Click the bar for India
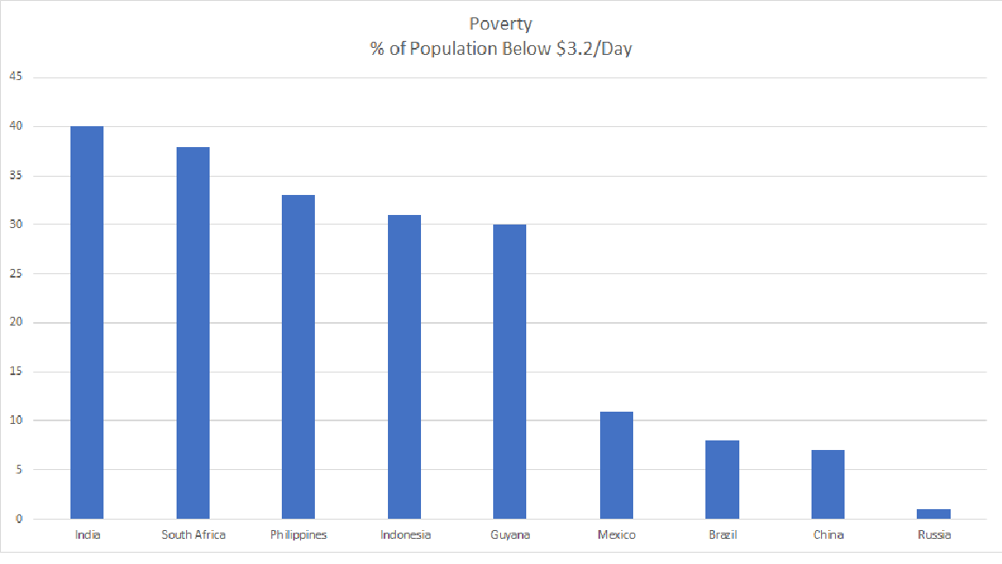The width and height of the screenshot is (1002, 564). [x=87, y=322]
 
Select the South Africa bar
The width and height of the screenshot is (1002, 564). [x=193, y=332]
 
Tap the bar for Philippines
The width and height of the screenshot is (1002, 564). [x=298, y=357]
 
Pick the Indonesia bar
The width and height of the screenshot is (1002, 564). [x=404, y=366]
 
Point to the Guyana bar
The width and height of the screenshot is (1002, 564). [x=510, y=372]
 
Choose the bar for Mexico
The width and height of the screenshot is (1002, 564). [x=617, y=465]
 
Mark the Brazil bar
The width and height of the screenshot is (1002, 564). [x=722, y=480]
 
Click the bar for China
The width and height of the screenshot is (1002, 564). [x=828, y=484]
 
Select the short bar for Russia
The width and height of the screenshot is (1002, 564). [x=934, y=514]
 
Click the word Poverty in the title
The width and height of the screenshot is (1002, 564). [x=500, y=23]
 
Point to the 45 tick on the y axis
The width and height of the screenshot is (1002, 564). [x=16, y=77]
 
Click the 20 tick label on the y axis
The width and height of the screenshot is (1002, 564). [x=16, y=323]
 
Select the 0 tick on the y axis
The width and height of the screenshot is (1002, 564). [x=18, y=520]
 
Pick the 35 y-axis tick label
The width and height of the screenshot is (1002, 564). [x=16, y=176]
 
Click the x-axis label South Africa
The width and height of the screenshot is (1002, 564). [x=193, y=534]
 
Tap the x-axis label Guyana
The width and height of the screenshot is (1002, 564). [x=510, y=534]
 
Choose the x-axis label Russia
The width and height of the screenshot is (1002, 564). [x=934, y=534]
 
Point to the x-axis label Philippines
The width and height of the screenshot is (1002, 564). [x=298, y=534]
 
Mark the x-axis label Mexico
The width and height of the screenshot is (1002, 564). [x=617, y=534]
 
